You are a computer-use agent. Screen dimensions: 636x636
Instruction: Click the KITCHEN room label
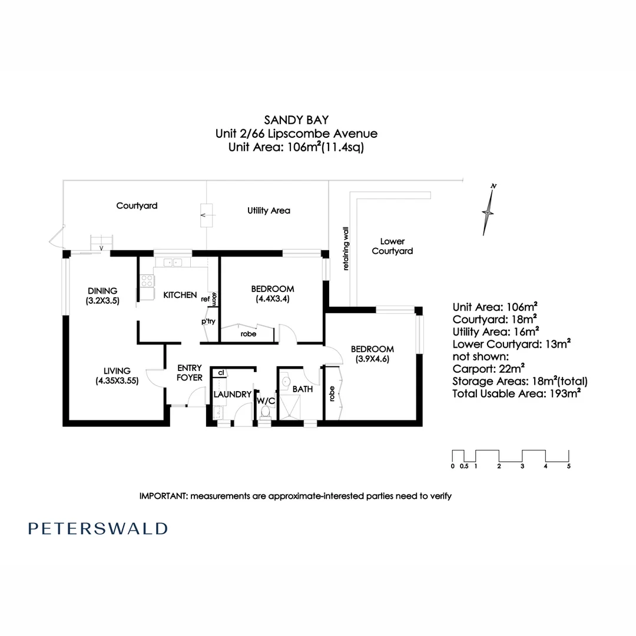click(180, 294)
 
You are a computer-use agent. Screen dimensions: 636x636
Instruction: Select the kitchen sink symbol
click(171, 263)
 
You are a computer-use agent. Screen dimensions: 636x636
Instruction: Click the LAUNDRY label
click(233, 394)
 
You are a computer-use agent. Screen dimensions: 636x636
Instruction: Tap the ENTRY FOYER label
click(190, 373)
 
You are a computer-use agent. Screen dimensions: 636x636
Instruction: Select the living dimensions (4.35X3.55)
click(117, 380)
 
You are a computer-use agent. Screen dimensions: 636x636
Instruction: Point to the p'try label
click(207, 322)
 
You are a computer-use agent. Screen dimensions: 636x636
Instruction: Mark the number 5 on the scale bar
click(568, 466)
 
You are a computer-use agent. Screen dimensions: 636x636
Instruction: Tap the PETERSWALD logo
click(98, 528)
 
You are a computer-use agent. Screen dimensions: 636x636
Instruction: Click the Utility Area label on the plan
click(269, 210)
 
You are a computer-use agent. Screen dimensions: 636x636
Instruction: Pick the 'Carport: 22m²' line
click(489, 369)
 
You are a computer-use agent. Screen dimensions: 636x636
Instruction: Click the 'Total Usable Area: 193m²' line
click(516, 393)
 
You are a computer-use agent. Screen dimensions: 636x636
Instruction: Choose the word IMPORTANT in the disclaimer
click(161, 496)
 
